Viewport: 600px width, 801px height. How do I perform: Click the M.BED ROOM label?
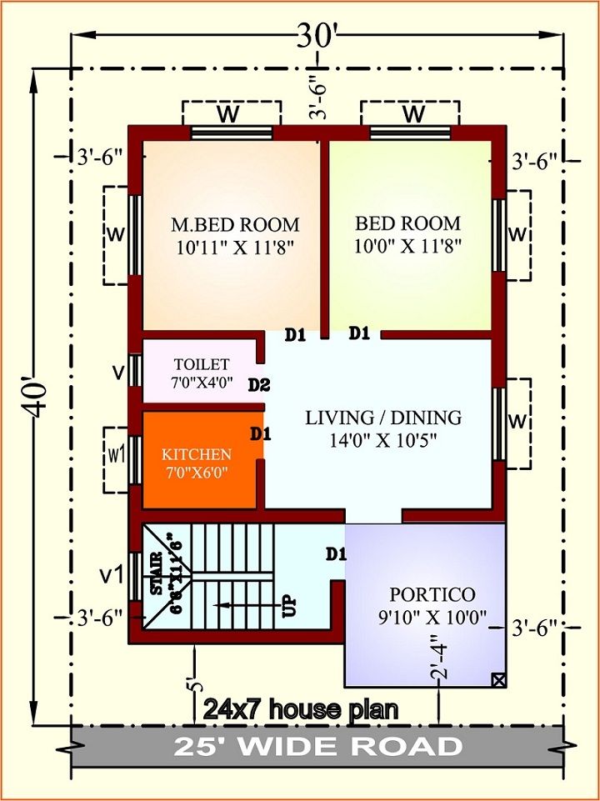click(x=235, y=225)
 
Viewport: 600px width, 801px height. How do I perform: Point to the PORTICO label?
click(x=432, y=595)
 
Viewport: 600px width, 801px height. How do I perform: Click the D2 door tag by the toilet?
click(x=259, y=384)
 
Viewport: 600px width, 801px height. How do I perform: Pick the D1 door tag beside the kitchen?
click(x=261, y=433)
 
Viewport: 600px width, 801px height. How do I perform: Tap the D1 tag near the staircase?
click(x=336, y=553)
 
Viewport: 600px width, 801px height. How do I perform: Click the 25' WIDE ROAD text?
click(x=317, y=746)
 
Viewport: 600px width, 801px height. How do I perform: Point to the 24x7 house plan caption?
click(x=300, y=710)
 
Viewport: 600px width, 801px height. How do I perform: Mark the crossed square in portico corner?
click(x=498, y=679)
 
